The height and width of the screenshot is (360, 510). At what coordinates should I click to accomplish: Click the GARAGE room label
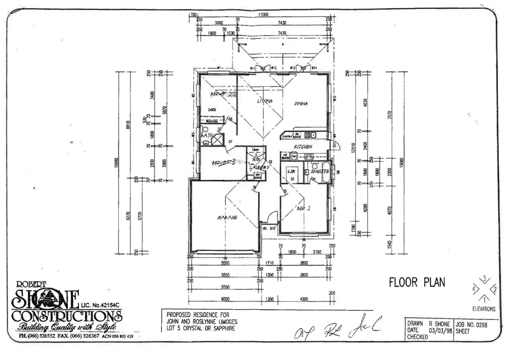(x=227, y=217)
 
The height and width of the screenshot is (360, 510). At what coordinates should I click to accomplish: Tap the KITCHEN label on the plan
(x=303, y=147)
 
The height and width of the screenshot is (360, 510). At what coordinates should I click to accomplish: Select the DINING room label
(x=301, y=104)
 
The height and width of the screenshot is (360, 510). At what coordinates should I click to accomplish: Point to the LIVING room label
(x=265, y=101)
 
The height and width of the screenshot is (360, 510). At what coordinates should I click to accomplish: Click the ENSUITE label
(x=320, y=171)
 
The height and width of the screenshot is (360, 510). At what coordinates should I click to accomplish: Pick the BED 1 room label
(x=304, y=208)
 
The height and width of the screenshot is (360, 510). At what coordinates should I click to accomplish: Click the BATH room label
(x=207, y=136)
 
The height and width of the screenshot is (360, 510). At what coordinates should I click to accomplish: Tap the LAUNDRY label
(x=259, y=167)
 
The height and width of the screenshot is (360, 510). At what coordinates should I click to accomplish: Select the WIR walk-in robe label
(x=291, y=171)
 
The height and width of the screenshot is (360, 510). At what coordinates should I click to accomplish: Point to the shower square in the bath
(x=217, y=139)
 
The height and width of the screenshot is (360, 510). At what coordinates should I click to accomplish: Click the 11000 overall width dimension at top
(x=263, y=15)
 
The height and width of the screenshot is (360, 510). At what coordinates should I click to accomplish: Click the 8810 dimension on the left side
(x=128, y=125)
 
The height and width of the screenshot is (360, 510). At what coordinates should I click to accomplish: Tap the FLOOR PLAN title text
(x=417, y=282)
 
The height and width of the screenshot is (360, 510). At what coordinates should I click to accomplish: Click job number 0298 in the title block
(x=481, y=325)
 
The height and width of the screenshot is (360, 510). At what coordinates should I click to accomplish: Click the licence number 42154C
(x=108, y=305)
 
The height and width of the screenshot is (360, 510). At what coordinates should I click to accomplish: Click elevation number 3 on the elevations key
(x=485, y=279)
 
